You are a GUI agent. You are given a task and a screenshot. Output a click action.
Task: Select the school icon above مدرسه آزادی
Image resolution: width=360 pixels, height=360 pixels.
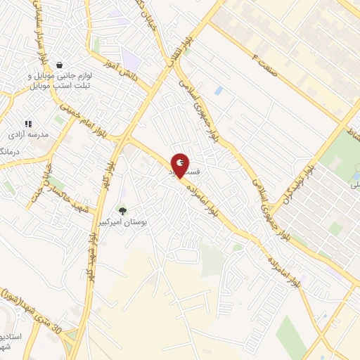[x=29, y=124]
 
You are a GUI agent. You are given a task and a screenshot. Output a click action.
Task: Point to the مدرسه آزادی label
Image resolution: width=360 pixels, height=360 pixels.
[x=27, y=134]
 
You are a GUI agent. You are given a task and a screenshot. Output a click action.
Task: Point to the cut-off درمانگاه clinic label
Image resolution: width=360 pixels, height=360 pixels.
[x=7, y=150]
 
